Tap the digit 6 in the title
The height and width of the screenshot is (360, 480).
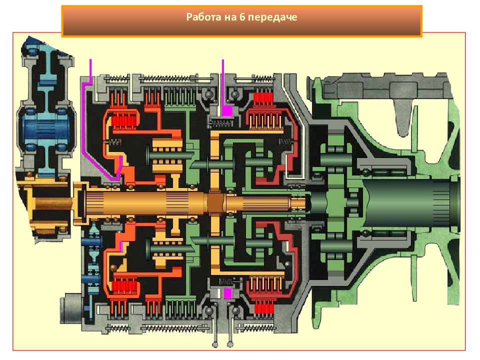[242, 17]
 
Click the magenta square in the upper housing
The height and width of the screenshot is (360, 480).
[227, 111]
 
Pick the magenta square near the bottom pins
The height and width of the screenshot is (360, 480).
[228, 293]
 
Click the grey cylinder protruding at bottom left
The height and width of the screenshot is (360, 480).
[71, 307]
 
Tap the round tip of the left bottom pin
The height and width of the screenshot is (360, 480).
[215, 345]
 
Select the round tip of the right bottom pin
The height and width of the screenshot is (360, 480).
[230, 345]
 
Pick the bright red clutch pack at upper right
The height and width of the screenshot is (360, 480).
[263, 97]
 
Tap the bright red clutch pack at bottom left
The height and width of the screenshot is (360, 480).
[124, 286]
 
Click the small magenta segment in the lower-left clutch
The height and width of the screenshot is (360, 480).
[121, 246]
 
